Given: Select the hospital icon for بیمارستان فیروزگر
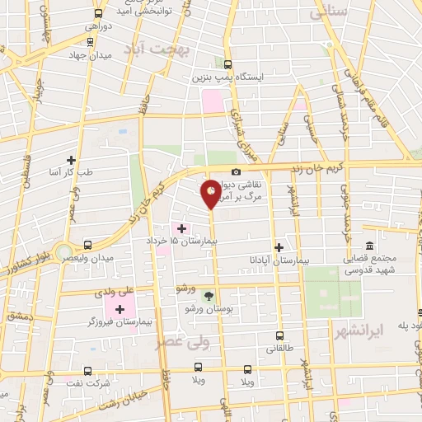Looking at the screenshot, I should [x=122, y=310].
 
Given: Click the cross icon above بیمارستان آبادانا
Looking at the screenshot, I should [x=279, y=246].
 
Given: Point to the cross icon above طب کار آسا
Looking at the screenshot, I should [x=72, y=160].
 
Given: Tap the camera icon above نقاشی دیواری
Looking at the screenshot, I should [x=237, y=171].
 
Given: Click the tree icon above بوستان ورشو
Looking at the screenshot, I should [x=208, y=295].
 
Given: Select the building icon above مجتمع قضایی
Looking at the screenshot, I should [x=369, y=246].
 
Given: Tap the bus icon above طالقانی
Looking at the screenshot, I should [x=279, y=335].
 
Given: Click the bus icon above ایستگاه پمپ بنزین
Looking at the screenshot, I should [x=227, y=64].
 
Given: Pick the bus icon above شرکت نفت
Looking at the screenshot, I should [x=88, y=371].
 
